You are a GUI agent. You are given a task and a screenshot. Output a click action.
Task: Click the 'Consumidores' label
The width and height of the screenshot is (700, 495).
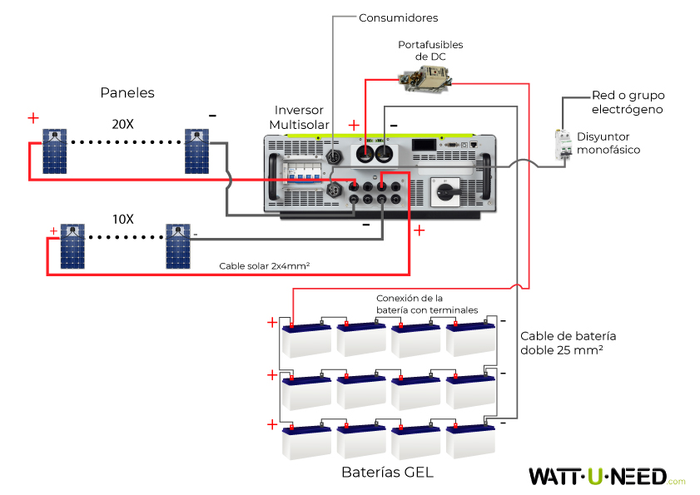(x=398, y=17)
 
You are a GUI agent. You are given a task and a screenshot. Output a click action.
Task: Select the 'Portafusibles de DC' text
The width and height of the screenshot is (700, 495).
(x=430, y=50)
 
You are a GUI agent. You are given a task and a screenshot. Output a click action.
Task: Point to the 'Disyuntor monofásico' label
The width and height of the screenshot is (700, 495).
(x=608, y=142)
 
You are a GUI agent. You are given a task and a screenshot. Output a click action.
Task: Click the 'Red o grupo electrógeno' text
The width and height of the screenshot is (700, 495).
(x=628, y=102)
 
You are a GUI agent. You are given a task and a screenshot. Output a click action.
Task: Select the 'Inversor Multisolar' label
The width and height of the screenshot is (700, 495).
(x=299, y=117)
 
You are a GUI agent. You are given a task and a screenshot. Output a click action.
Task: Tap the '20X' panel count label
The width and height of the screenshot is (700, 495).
(x=122, y=124)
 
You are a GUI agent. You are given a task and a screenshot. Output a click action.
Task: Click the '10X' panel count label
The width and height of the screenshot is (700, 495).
(x=122, y=219)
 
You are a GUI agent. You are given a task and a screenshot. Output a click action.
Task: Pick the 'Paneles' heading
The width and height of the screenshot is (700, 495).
(x=127, y=92)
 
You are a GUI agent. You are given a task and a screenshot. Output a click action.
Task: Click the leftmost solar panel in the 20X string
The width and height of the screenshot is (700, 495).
(x=55, y=151)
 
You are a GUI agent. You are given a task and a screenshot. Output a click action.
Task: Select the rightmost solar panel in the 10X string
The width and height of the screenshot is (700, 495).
(x=177, y=246)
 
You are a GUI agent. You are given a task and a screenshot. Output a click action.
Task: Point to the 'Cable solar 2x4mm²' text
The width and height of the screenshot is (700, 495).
(x=265, y=266)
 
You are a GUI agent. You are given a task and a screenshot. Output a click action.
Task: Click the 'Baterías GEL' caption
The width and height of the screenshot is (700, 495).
(x=387, y=472)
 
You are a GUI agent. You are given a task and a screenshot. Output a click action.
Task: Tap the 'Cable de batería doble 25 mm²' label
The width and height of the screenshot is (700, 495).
(x=568, y=344)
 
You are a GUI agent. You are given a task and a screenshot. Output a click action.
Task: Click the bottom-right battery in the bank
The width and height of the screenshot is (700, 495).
(x=471, y=441)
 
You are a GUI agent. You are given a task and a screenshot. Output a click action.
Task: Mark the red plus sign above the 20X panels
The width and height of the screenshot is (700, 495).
(x=33, y=118)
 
